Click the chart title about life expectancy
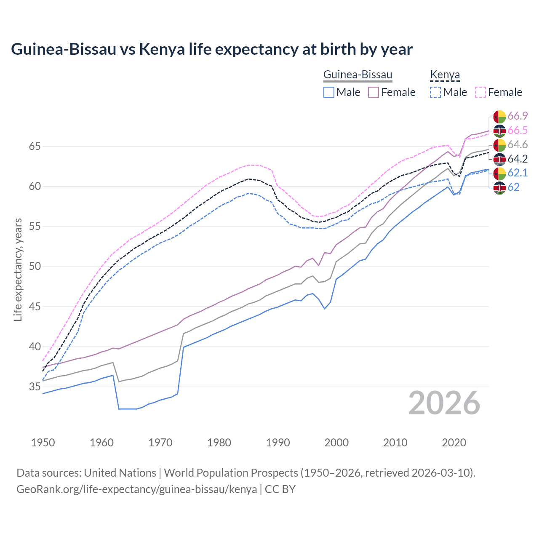click(x=212, y=49)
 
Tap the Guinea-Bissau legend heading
click(x=358, y=75)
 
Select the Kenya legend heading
click(x=445, y=75)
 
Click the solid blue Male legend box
click(x=329, y=92)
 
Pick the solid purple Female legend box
click(x=374, y=92)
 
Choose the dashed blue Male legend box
click(x=435, y=92)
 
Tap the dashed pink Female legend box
click(x=480, y=92)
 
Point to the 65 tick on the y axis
click(x=35, y=147)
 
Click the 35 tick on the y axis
click(x=35, y=387)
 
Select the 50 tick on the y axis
click(x=35, y=267)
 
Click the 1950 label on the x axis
click(x=43, y=443)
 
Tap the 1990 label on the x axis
click(x=278, y=443)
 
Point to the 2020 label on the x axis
click(x=454, y=443)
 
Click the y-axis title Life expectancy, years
click(x=18, y=269)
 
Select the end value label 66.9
click(x=518, y=116)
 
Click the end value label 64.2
click(x=518, y=159)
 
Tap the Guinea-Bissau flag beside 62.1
click(x=499, y=173)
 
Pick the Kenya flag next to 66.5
click(x=499, y=131)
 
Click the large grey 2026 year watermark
click(x=444, y=403)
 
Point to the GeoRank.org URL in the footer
click(x=136, y=489)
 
